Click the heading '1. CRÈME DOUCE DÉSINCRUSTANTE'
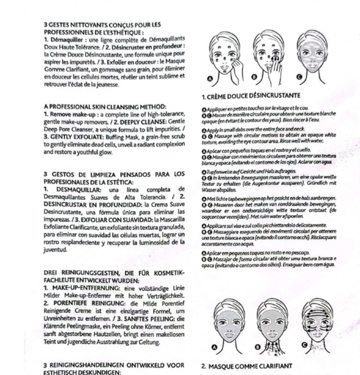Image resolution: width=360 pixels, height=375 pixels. point(246,95)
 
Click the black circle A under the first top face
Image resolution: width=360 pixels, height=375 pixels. point(210,79)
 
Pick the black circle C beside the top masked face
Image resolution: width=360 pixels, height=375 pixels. point(299,77)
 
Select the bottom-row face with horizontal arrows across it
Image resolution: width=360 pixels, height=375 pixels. point(316,320)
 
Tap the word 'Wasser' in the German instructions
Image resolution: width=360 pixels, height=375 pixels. point(210,189)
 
